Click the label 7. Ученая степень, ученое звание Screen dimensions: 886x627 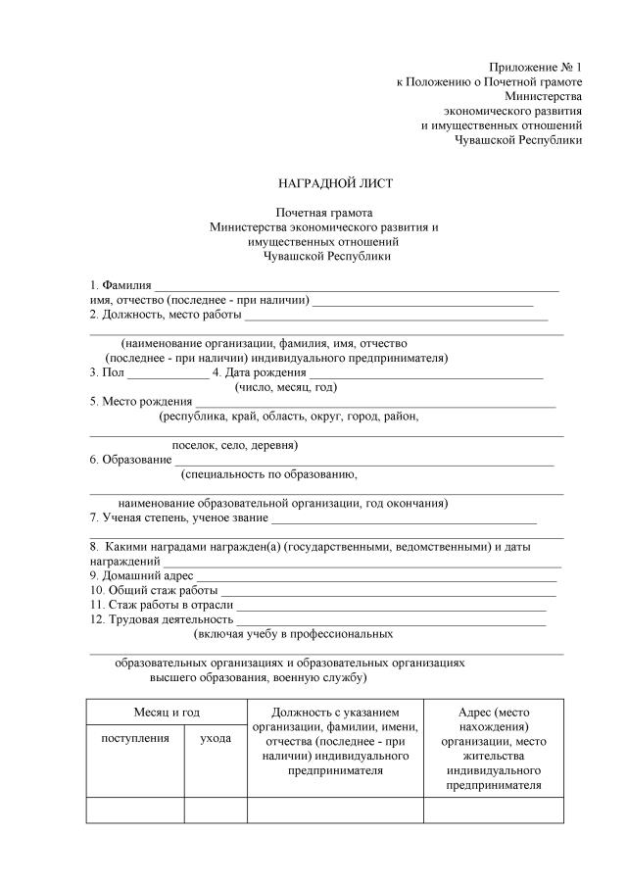point(179,518)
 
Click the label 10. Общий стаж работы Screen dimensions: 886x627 point(154,591)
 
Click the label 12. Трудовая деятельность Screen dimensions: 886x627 point(162,619)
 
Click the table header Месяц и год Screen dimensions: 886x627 point(167,711)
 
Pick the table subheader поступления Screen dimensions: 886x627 point(135,738)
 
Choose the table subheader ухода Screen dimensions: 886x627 point(216,738)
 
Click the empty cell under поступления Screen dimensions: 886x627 point(135,810)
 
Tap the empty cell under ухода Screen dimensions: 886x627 point(216,810)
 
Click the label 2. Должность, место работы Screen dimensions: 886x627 point(166,315)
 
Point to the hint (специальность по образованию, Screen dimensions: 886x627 point(269,474)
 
